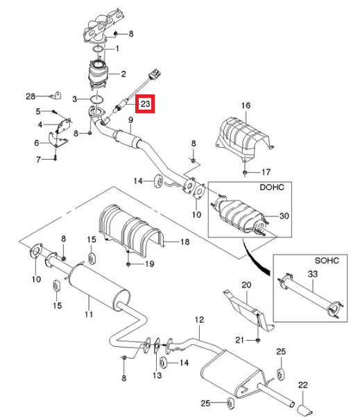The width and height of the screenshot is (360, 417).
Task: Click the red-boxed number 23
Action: tap(145, 103)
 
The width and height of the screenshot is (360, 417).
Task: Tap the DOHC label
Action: tap(272, 187)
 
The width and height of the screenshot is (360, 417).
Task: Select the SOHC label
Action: tap(327, 260)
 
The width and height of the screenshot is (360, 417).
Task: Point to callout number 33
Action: tap(313, 273)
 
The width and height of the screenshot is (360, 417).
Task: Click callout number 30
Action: tap(284, 216)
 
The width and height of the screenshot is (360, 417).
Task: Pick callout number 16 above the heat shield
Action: tap(246, 105)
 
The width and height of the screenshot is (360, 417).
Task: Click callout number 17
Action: tap(266, 172)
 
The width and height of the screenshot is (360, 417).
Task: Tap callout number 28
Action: tap(31, 96)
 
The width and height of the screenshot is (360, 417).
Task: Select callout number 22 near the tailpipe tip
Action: tap(303, 385)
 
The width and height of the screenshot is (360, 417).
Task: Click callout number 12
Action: tap(199, 319)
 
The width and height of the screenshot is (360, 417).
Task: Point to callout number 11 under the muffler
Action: tap(89, 314)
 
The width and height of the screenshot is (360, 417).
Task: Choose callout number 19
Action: tap(149, 264)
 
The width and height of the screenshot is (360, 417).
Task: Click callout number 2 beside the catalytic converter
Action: tap(123, 74)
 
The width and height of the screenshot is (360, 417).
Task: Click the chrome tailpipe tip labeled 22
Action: tap(305, 410)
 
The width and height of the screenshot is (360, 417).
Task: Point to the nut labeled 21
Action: tap(257, 340)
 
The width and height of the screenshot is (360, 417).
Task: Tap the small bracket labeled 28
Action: tap(56, 95)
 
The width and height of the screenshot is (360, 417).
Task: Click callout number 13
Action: tap(157, 375)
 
